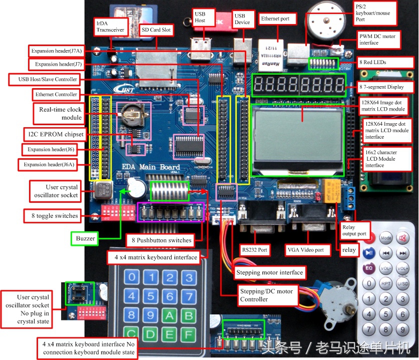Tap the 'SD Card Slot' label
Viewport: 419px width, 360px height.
156,30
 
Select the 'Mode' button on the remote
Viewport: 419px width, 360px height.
385,238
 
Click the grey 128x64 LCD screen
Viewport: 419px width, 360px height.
298,140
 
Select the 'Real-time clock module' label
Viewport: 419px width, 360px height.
57,114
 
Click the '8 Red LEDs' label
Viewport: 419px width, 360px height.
379,62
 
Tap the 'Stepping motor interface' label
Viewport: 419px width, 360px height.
269,272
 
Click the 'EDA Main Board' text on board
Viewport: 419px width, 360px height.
152,167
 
